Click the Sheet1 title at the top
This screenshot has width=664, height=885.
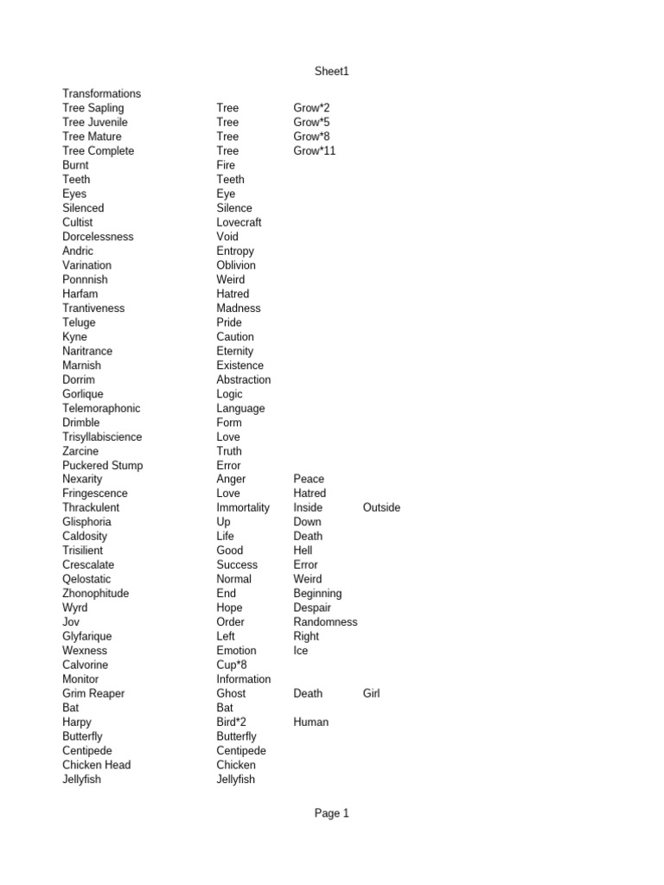tap(331, 72)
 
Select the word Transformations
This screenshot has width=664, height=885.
tap(101, 93)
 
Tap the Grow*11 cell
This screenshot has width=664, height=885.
tap(315, 150)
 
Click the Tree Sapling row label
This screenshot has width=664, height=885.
tap(93, 108)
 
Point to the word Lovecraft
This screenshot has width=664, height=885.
tap(239, 222)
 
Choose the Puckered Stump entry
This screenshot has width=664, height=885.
tap(102, 465)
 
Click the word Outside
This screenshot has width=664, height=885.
tap(381, 507)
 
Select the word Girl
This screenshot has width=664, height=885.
tap(371, 693)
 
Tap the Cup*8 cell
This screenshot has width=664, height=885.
tap(232, 665)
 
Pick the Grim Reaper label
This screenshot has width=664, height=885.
tap(93, 693)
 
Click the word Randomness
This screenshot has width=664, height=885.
tap(325, 621)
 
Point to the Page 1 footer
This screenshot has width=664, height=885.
tap(331, 813)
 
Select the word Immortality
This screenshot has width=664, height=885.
tap(243, 507)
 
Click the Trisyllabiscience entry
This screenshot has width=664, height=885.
tap(102, 436)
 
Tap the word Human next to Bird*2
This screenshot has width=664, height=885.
tap(310, 722)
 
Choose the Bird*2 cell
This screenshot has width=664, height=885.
tap(232, 722)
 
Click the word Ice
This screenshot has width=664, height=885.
tap(300, 650)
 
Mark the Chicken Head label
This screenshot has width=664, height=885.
tap(96, 765)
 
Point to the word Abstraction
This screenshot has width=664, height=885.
tap(243, 379)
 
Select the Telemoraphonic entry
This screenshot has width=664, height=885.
tap(101, 408)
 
